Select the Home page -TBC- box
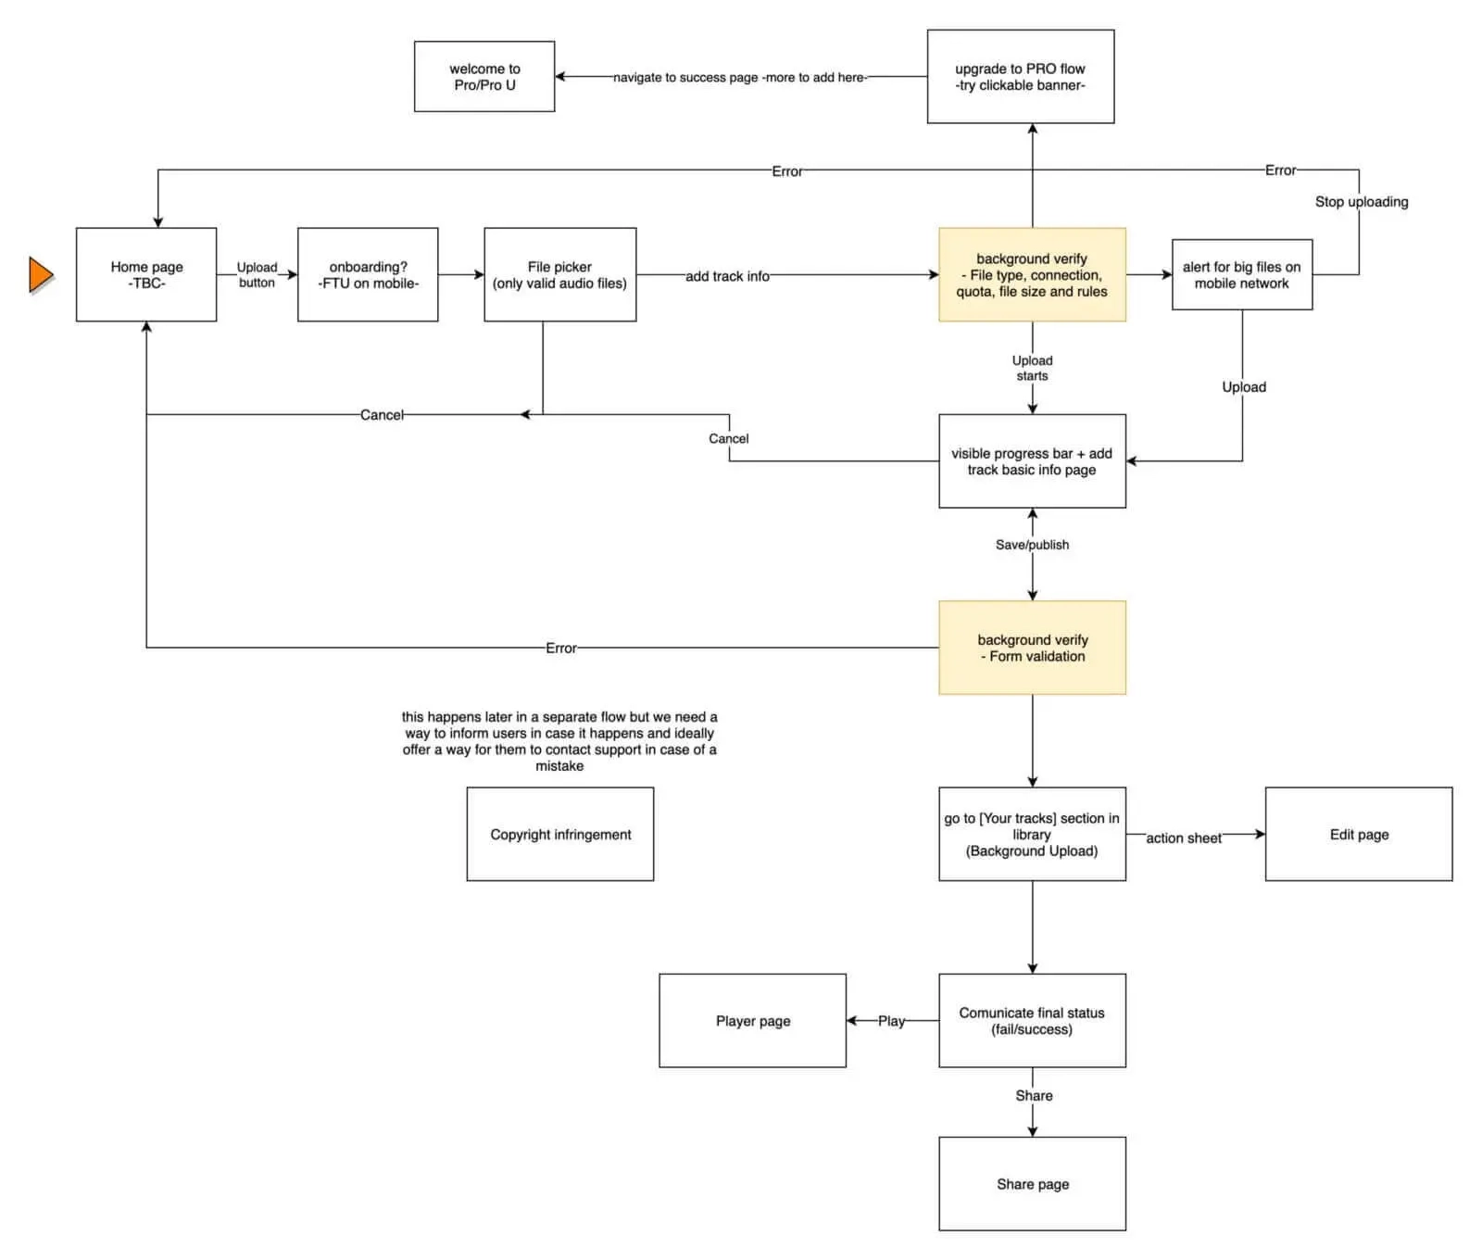point(146,275)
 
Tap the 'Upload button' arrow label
point(257,275)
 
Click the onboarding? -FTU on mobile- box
point(368,275)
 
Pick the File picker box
point(559,275)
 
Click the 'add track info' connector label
point(727,276)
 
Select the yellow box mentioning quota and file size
point(1032,275)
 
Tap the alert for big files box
point(1241,275)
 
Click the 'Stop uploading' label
point(1361,202)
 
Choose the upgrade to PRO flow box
point(1020,77)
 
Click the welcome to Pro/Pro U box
point(484,77)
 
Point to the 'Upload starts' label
point(1032,368)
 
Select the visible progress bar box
point(1032,461)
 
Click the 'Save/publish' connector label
point(1032,545)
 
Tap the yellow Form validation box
point(1032,648)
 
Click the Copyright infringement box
point(560,834)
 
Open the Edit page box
point(1359,834)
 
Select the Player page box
point(752,1021)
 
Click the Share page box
point(1032,1184)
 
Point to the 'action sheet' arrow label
point(1183,838)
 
